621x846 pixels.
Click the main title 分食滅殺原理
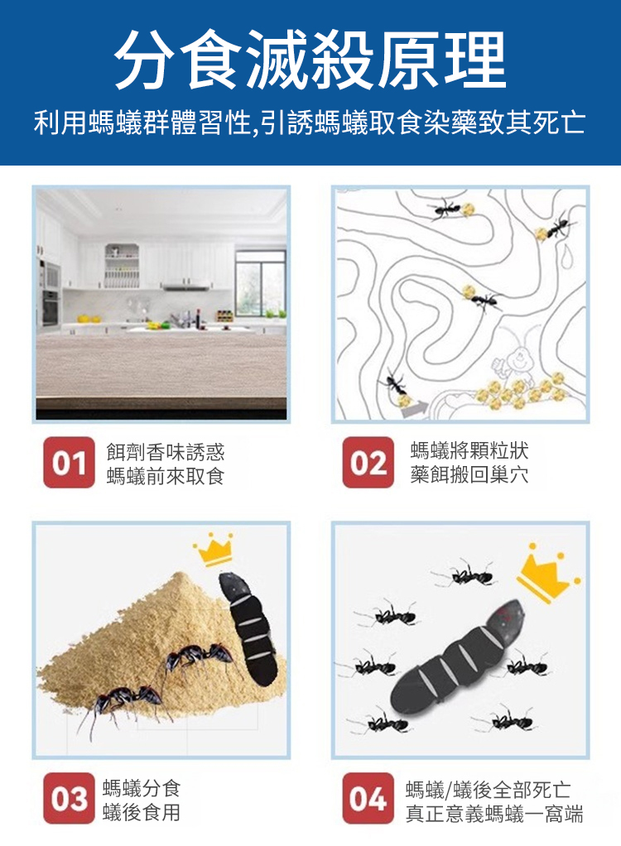point(310,60)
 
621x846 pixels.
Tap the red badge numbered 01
point(69,463)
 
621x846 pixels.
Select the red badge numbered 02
point(368,463)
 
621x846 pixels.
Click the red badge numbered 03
point(69,798)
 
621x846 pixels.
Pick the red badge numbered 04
point(368,798)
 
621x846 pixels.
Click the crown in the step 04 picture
point(547,574)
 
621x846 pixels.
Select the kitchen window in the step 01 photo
point(261,283)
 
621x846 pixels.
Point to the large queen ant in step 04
point(459,654)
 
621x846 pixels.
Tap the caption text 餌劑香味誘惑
point(165,452)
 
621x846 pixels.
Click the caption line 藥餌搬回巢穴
point(469,475)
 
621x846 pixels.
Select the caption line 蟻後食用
point(142,812)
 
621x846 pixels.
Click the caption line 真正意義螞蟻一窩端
point(494,814)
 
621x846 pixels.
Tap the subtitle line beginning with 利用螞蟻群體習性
point(310,123)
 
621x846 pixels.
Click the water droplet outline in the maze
point(566,254)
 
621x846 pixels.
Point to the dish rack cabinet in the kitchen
point(122,266)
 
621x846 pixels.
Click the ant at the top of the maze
point(445,210)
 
